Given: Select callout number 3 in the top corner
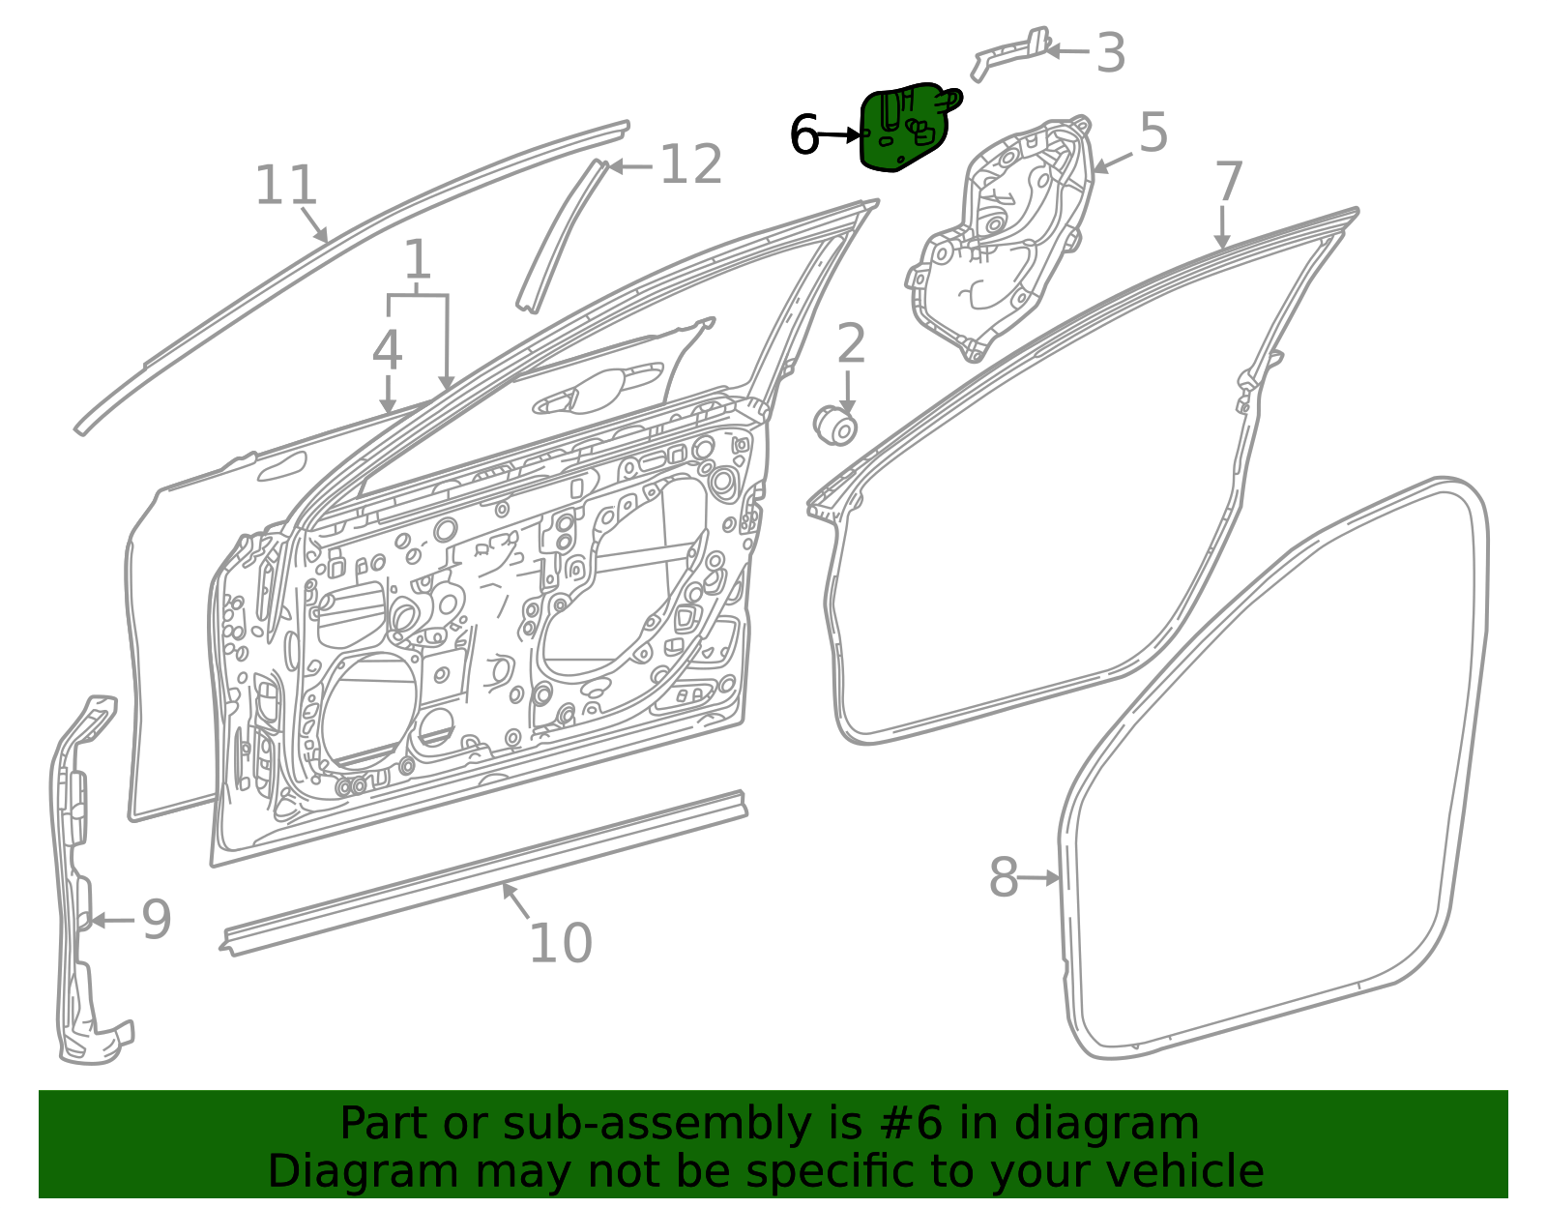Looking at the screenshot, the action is coord(1111,52).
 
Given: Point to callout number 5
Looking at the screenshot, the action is coord(1153,133).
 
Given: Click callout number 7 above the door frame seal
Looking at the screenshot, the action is coord(1230,182).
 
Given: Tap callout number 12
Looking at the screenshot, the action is coord(691,164).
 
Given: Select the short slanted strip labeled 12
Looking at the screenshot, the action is coord(563,236).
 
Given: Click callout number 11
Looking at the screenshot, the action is coord(285,185).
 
